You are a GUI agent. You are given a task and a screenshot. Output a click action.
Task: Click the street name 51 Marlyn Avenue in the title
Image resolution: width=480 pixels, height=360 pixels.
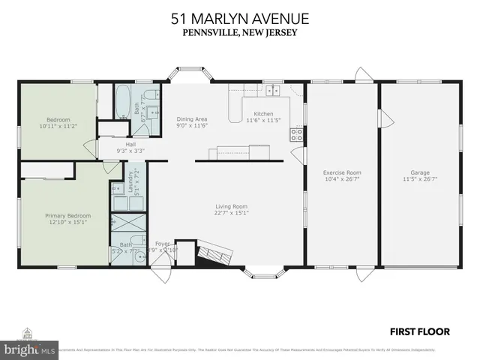(x=239, y=17)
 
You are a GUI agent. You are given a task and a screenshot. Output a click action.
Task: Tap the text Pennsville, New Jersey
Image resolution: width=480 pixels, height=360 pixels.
(x=239, y=32)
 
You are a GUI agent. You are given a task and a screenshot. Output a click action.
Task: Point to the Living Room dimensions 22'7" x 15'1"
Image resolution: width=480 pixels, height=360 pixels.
(x=230, y=213)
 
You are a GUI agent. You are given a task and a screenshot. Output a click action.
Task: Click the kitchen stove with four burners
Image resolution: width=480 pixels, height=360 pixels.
(x=296, y=135)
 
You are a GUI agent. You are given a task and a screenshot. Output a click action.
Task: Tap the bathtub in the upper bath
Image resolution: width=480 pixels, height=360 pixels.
(x=122, y=100)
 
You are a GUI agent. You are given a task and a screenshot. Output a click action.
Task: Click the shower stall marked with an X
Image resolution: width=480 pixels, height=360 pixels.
(x=121, y=224)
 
